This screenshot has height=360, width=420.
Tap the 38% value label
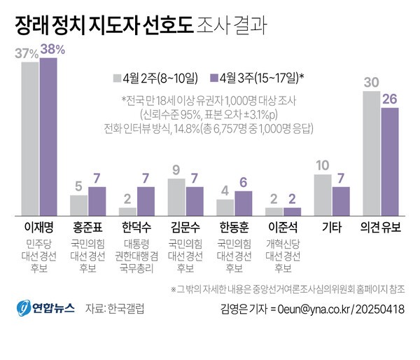[52, 49]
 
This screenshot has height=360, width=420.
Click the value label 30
[371, 81]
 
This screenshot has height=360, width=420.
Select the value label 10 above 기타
[323, 165]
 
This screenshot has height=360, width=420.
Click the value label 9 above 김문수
[177, 169]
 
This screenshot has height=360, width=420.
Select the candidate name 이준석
[283, 228]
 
